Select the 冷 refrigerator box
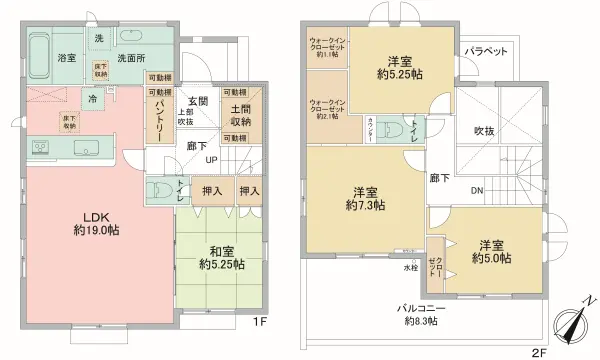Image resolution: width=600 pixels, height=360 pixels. pyautogui.click(x=93, y=99)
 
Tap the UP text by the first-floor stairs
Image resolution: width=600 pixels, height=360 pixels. pyautogui.click(x=212, y=160)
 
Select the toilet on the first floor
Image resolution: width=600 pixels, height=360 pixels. pyautogui.click(x=159, y=191)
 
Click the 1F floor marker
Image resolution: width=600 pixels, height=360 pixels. pyautogui.click(x=259, y=323)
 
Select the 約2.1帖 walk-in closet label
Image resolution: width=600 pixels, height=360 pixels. pyautogui.click(x=326, y=108)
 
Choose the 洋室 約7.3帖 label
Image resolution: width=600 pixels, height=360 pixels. pyautogui.click(x=364, y=198)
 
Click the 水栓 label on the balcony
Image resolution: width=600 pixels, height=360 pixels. pyautogui.click(x=411, y=267)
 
